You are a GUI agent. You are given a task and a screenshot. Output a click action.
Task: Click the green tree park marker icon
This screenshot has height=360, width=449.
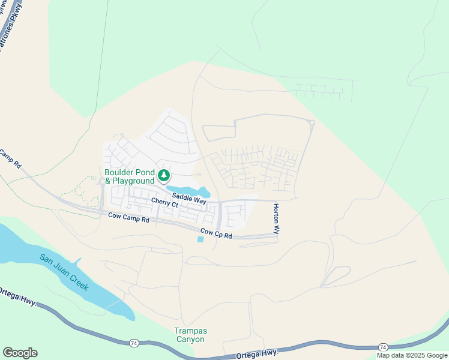pos(163,176)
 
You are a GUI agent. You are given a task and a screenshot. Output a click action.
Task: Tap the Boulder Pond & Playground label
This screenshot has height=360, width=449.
pos(130,176)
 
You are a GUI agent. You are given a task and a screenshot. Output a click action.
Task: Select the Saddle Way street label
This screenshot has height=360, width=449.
pos(189,199)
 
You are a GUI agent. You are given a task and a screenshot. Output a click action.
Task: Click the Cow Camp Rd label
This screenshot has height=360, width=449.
pos(128,219)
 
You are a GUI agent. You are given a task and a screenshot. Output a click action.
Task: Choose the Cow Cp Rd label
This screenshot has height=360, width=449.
pos(215,233)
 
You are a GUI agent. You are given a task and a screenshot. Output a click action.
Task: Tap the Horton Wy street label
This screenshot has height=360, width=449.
pos(277,218)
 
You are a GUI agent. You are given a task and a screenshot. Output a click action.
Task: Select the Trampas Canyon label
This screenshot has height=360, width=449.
pos(189,335)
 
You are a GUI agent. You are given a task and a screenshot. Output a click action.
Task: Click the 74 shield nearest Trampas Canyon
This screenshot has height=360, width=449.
pos(133,343)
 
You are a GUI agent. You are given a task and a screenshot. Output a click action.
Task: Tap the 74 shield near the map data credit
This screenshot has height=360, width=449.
pos(383,347)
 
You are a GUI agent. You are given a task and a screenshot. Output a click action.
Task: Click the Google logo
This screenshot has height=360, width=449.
pos(20,353)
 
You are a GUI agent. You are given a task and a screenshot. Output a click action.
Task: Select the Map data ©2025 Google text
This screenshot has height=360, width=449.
pos(412,355)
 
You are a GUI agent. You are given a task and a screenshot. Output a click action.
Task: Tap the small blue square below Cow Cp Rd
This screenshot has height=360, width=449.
pos(200,239)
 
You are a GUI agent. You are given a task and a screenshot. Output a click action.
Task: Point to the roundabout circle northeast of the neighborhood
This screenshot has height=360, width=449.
pos(312,123)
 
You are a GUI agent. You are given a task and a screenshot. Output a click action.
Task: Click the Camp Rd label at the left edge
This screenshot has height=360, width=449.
pos(10,160)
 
